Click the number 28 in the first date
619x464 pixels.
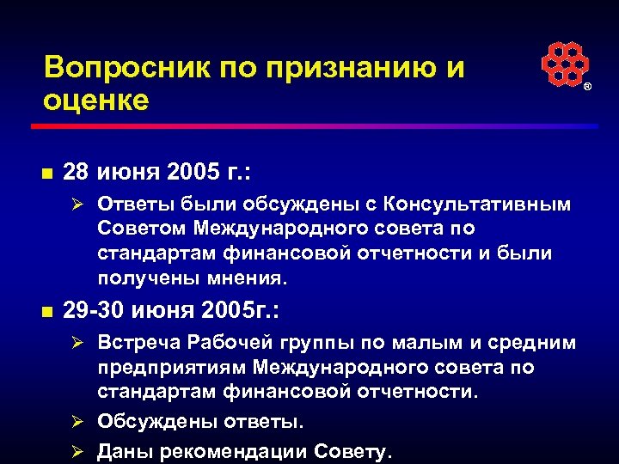77,172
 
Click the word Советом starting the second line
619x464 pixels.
142,229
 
